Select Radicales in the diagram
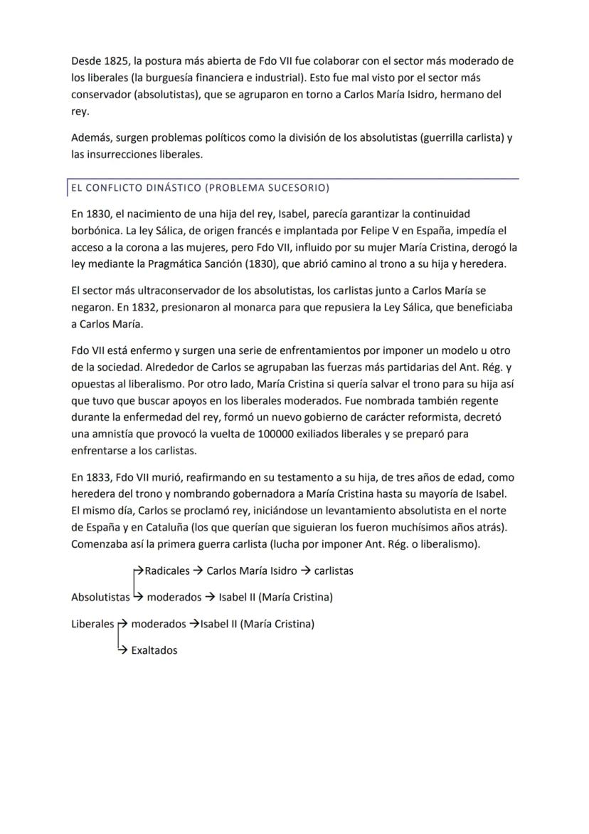(x=166, y=570)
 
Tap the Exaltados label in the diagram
(x=154, y=650)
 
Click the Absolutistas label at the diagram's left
(x=100, y=597)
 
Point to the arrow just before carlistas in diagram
(x=304, y=570)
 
